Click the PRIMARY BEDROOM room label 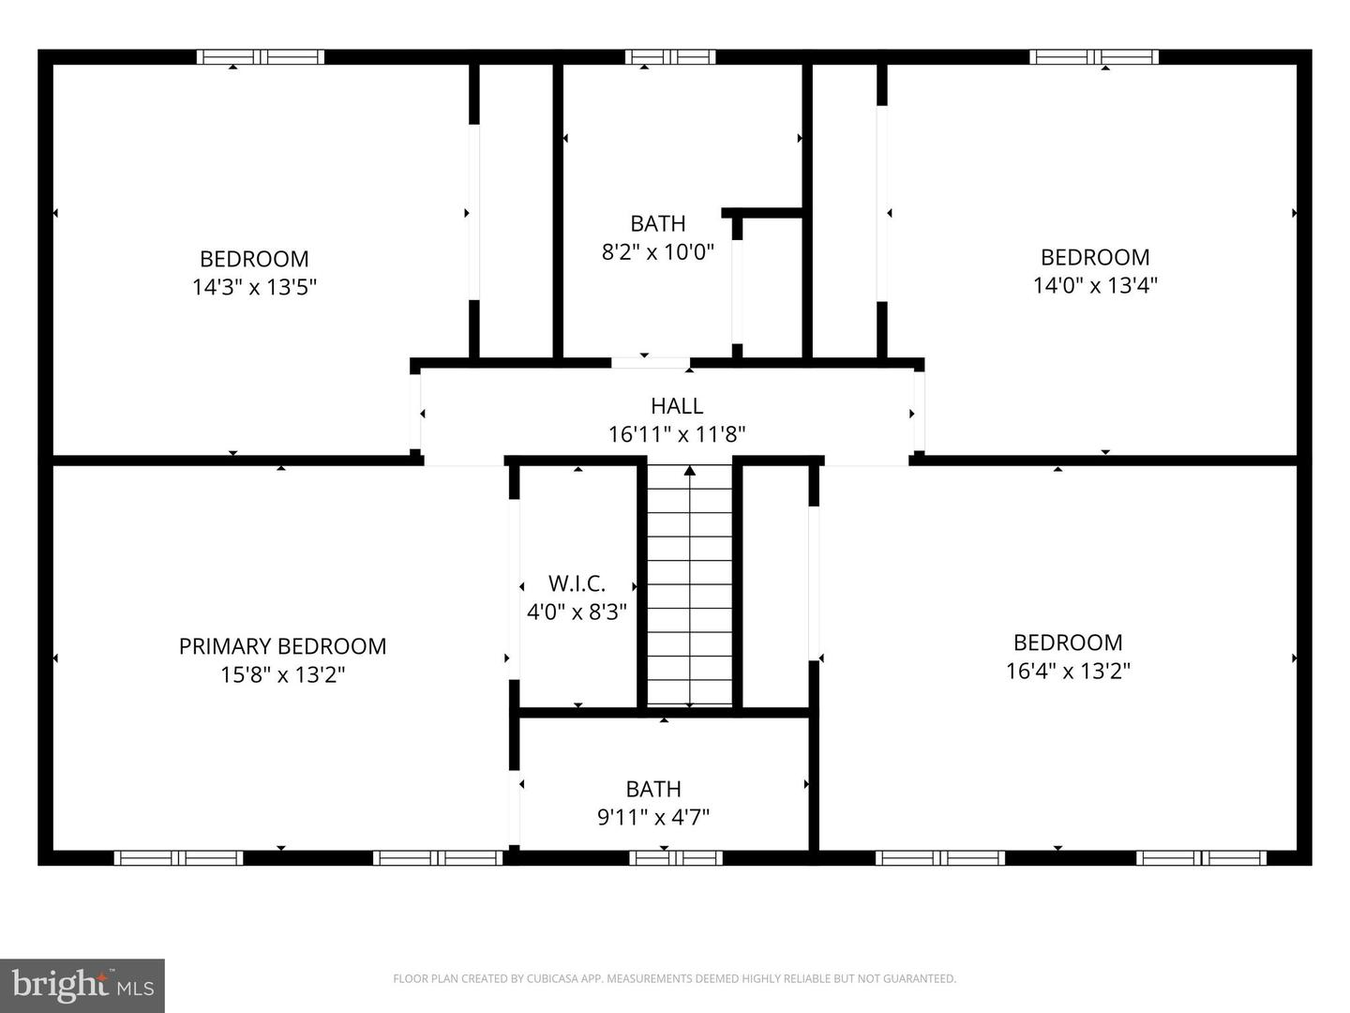[x=282, y=646]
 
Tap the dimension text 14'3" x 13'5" [x=254, y=287]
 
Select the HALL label [x=677, y=406]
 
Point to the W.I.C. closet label [x=577, y=583]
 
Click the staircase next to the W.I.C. [x=690, y=586]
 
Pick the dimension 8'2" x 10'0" [x=657, y=252]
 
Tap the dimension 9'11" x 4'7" [x=653, y=817]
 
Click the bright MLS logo [x=82, y=986]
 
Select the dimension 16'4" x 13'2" [x=1068, y=671]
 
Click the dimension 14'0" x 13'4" [x=1095, y=285]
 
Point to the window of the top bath [x=670, y=57]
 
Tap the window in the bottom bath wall [x=676, y=857]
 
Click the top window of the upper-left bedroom [x=261, y=57]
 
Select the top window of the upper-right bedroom [x=1094, y=57]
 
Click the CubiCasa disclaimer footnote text [x=674, y=978]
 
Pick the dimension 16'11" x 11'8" [x=677, y=434]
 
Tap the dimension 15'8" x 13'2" [x=282, y=674]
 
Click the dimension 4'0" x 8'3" [x=577, y=612]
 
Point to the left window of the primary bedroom [x=178, y=857]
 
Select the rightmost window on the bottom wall [x=1201, y=857]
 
